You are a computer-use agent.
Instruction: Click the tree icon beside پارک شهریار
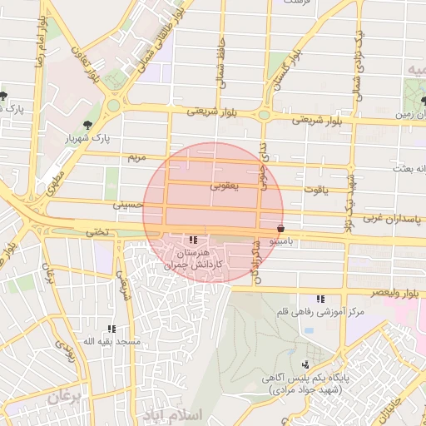click(x=111, y=105)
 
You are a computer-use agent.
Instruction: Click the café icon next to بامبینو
click(x=280, y=226)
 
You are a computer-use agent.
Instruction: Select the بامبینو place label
click(x=286, y=240)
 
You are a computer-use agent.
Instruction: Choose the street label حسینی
click(x=132, y=203)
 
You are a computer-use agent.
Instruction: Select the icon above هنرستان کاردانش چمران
click(x=194, y=240)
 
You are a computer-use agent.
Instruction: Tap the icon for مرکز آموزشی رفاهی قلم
click(x=320, y=299)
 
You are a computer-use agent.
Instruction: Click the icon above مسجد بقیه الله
click(x=111, y=329)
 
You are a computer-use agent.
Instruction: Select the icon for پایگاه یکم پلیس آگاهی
click(x=306, y=364)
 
